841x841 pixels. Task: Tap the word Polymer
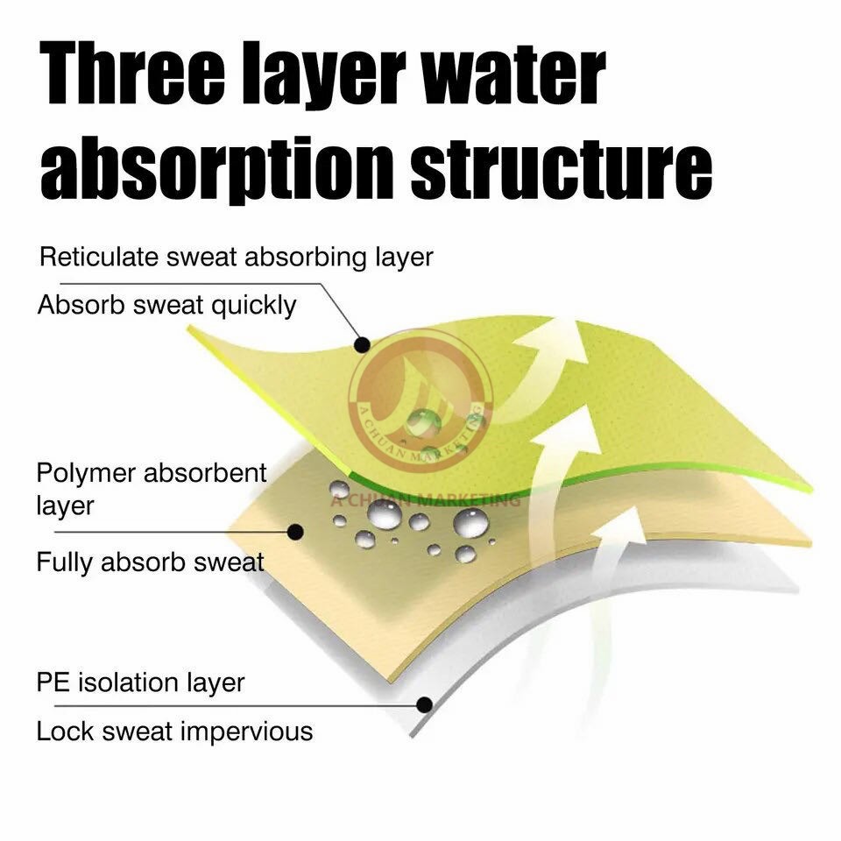point(86,473)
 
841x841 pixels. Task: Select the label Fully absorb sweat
point(150,562)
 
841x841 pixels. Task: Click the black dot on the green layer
point(360,344)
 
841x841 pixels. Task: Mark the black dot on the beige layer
point(296,530)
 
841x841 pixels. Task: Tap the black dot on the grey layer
point(424,703)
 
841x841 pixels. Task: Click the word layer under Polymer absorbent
point(65,505)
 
